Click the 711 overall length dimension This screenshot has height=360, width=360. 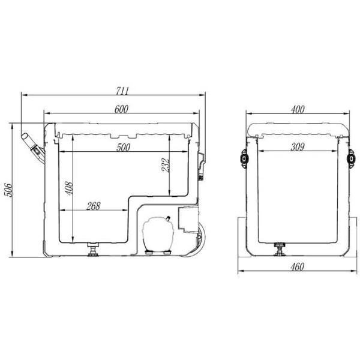[122, 91]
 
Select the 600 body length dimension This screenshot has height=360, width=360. [121, 109]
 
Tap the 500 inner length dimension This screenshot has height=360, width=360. [123, 148]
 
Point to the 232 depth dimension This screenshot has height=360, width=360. [166, 164]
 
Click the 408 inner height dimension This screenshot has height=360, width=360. [69, 188]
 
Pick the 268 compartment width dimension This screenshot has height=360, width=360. [94, 206]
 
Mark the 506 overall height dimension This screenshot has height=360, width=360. [8, 190]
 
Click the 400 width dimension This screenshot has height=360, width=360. [298, 109]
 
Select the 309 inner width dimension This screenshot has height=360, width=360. [298, 147]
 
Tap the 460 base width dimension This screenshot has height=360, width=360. [298, 267]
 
